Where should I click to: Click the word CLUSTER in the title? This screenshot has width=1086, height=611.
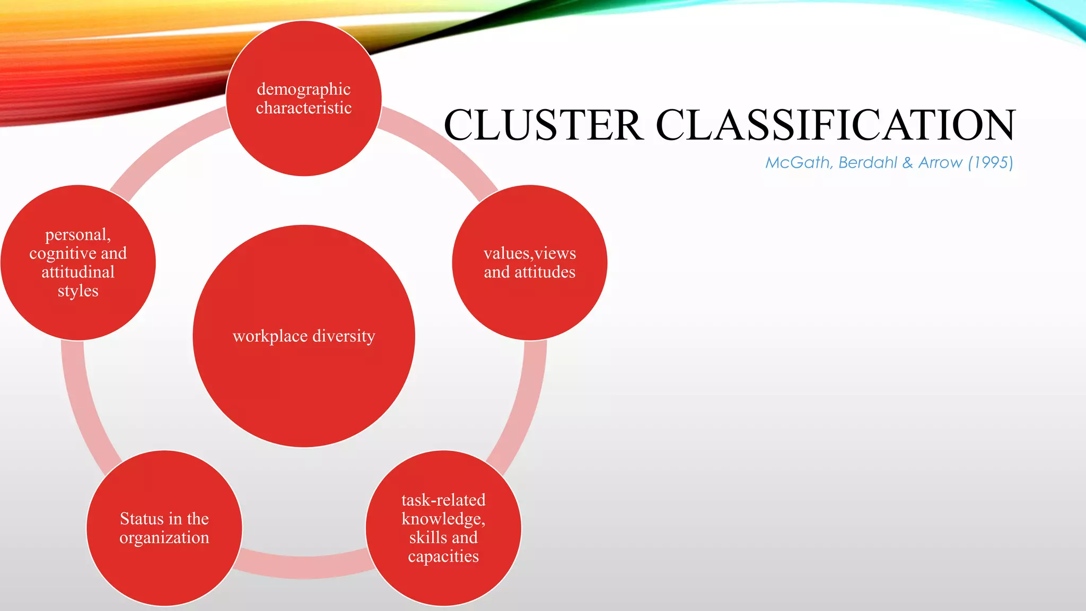pos(544,125)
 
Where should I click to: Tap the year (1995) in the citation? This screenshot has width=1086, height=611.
pos(991,162)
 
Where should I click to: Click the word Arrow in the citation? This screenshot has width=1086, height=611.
pos(940,162)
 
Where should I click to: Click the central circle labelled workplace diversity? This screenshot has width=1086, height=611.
pos(304,371)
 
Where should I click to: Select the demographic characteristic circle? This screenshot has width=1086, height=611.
pos(304,138)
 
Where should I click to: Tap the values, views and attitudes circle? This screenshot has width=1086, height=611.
pos(530,302)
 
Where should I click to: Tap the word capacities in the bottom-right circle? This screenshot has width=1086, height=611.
pos(443,556)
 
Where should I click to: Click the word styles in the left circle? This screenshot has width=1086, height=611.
pos(78,291)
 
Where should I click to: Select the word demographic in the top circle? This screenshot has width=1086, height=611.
pos(304,89)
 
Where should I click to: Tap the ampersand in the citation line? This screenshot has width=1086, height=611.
pos(907,162)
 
